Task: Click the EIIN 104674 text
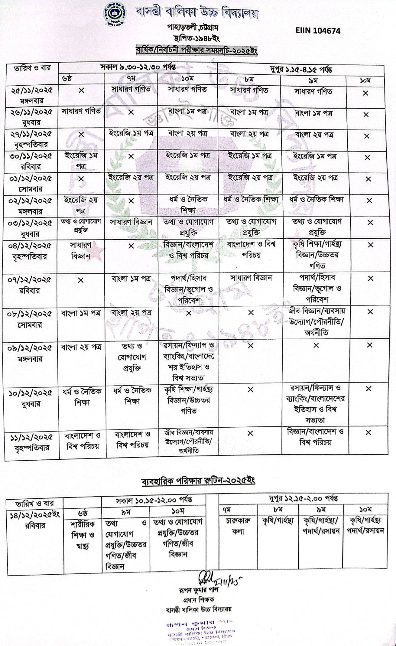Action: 318,31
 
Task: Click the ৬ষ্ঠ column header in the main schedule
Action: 68,79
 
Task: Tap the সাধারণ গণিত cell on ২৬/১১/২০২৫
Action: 81,112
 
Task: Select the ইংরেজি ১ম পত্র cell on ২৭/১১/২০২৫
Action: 131,133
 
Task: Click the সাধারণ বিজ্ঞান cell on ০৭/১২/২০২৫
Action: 251,278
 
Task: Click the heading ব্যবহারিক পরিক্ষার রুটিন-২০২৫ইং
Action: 199,481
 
